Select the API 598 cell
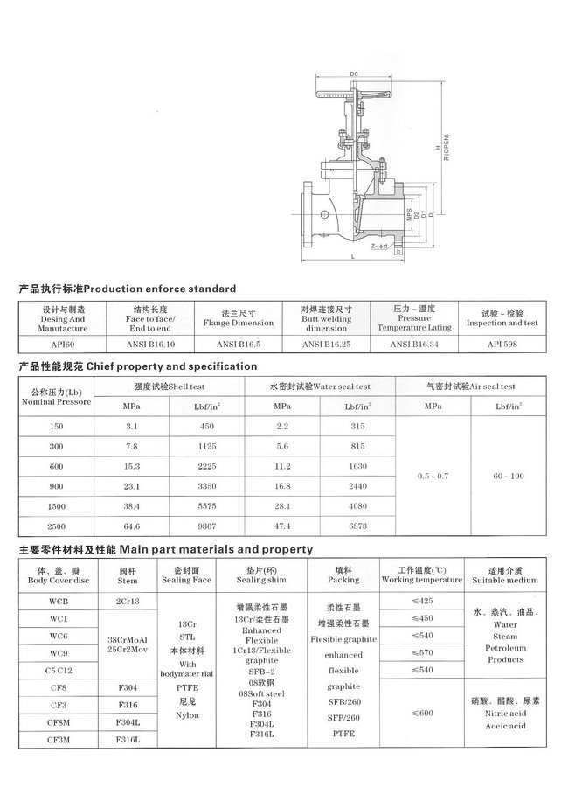point(502,345)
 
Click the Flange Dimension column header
point(239,323)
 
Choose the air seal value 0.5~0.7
point(433,475)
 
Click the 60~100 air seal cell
point(507,475)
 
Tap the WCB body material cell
point(59,602)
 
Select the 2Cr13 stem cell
point(128,602)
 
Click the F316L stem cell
point(128,741)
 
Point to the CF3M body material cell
point(59,741)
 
